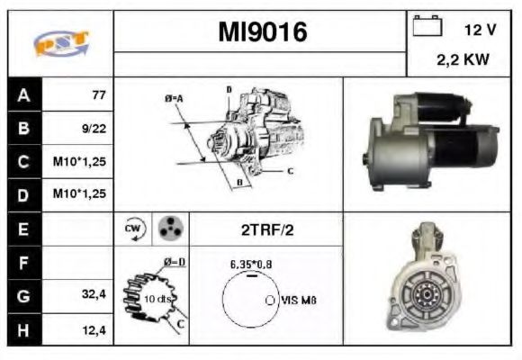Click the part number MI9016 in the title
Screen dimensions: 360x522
pos(262,32)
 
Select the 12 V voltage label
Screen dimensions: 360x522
pos(479,29)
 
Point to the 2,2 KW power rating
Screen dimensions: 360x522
pos(463,61)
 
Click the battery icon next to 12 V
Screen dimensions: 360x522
pos(425,27)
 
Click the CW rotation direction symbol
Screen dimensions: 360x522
pos(132,229)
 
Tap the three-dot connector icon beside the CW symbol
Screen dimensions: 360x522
pos(168,229)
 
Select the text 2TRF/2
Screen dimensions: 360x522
pos(266,230)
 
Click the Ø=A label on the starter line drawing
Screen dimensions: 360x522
pos(175,98)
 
